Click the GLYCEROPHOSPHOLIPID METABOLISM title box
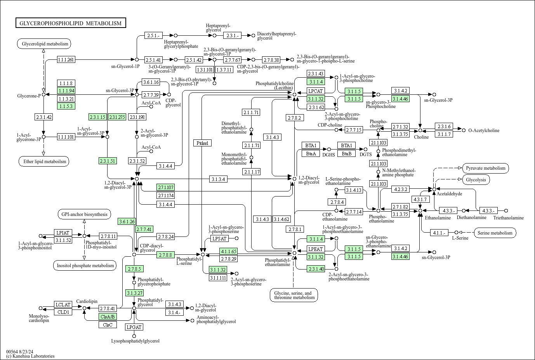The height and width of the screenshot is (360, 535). [71, 23]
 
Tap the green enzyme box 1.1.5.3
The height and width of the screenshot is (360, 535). [66, 106]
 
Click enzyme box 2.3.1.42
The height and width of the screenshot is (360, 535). [44, 117]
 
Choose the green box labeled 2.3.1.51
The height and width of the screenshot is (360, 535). [108, 161]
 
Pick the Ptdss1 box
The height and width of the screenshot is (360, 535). [202, 143]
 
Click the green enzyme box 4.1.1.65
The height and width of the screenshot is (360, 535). [228, 251]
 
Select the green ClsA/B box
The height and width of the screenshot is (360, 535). [108, 317]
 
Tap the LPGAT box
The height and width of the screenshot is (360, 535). [134, 327]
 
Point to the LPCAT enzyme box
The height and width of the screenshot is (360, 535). [315, 91]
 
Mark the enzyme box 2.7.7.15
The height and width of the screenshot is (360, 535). [354, 130]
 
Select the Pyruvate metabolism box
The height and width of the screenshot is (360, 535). [486, 168]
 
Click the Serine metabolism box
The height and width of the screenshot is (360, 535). [495, 233]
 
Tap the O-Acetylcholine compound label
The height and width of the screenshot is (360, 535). [484, 130]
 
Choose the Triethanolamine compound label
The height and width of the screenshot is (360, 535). [508, 218]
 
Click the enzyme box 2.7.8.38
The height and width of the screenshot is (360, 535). [271, 60]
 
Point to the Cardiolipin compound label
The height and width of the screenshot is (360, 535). [87, 301]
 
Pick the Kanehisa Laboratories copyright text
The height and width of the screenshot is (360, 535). [30, 356]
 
